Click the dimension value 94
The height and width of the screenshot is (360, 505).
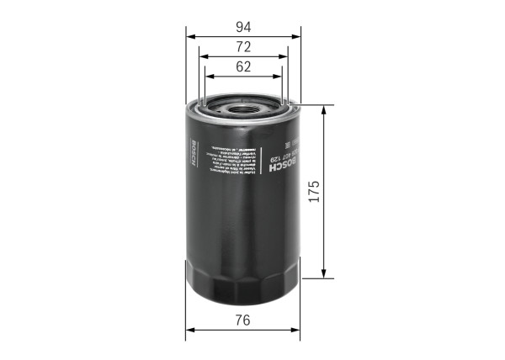coord(243,26)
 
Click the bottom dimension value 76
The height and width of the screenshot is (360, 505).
coord(243,320)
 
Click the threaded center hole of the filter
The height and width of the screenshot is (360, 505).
coord(244,107)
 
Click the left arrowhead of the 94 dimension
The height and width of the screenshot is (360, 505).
coord(190,36)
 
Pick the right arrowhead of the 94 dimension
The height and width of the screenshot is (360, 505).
coord(297,36)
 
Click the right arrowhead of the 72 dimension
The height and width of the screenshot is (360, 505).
coord(285,56)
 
